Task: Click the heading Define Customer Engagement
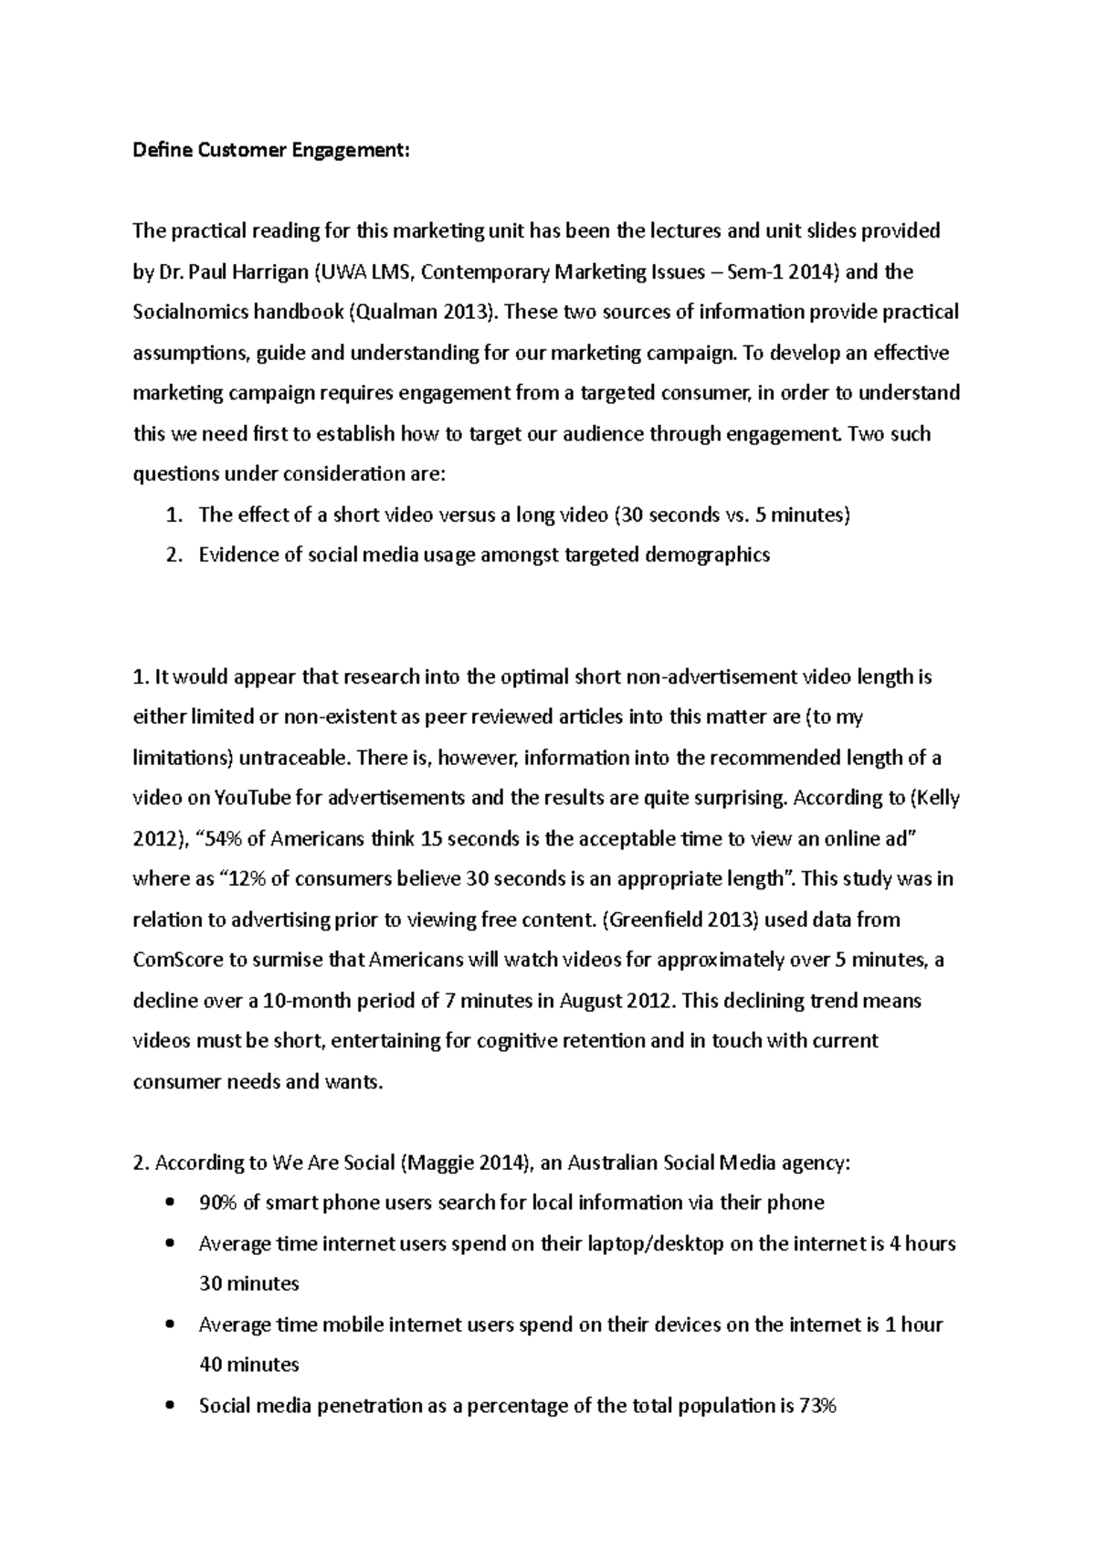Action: pos(271,151)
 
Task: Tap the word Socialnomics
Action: pos(188,313)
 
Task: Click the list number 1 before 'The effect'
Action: pos(172,516)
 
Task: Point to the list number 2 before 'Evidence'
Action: pos(172,556)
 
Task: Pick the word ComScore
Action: pos(175,960)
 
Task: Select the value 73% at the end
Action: pos(817,1406)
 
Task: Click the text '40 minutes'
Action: pos(248,1366)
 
